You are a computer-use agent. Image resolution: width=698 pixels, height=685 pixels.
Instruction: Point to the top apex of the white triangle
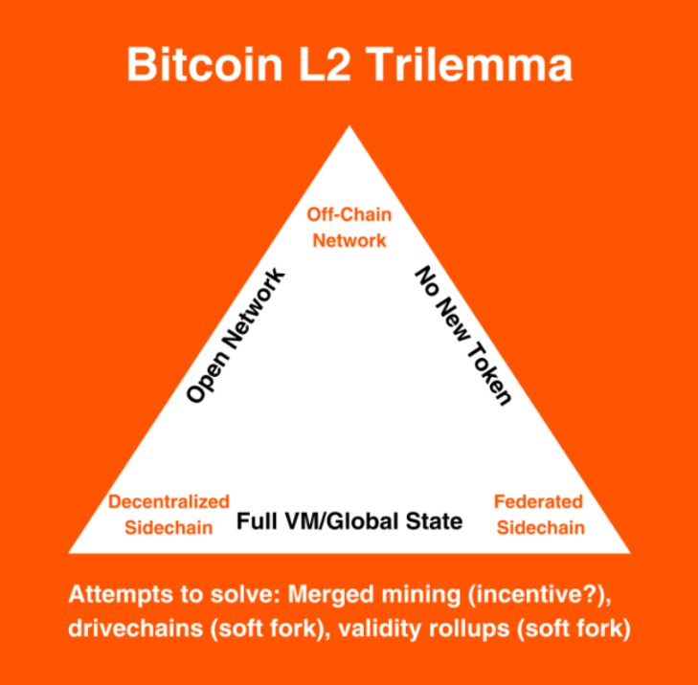349,128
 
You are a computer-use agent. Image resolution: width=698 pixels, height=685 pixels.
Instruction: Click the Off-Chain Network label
349,227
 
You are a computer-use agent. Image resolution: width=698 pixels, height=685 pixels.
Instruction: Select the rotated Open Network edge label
235,336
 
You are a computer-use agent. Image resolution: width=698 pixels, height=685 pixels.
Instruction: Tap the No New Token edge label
463,336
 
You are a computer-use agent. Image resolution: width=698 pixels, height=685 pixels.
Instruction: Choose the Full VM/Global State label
349,521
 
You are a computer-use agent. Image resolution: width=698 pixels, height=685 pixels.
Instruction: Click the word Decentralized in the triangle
169,501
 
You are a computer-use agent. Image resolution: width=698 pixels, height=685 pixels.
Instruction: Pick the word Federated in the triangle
539,501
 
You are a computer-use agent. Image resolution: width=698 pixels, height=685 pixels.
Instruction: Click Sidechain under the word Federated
539,527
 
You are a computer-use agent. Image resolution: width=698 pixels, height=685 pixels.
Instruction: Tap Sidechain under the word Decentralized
169,527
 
